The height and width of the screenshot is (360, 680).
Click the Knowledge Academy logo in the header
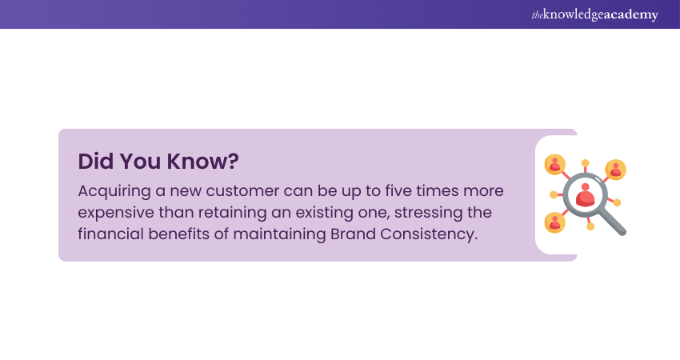594,14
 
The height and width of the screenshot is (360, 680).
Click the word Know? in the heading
203,161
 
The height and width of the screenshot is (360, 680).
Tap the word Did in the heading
96,161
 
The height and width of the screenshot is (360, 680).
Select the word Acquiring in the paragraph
114,191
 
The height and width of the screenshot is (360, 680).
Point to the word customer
242,191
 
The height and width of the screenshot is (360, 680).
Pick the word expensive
116,213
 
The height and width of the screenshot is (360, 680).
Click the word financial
110,234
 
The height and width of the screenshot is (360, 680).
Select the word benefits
178,234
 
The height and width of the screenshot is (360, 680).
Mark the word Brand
353,234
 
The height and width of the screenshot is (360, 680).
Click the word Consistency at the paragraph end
429,234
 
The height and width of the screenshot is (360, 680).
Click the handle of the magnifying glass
612,222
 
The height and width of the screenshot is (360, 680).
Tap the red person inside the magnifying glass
585,194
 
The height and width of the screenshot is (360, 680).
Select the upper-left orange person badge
555,164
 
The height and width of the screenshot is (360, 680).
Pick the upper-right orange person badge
616,170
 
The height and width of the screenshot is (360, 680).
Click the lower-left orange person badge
555,222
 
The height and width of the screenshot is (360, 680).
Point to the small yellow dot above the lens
585,163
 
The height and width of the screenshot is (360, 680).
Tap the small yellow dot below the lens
590,226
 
